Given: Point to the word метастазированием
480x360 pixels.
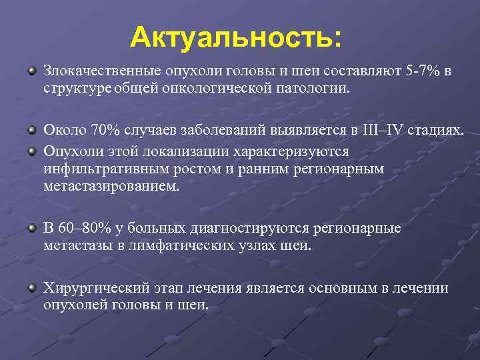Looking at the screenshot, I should coord(111,186).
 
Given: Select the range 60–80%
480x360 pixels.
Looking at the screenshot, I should coord(84,229).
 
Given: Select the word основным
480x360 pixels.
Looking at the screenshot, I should coord(351,288).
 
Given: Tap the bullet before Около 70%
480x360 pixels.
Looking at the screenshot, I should coord(31,128).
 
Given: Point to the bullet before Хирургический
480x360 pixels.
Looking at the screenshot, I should coord(31,287).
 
